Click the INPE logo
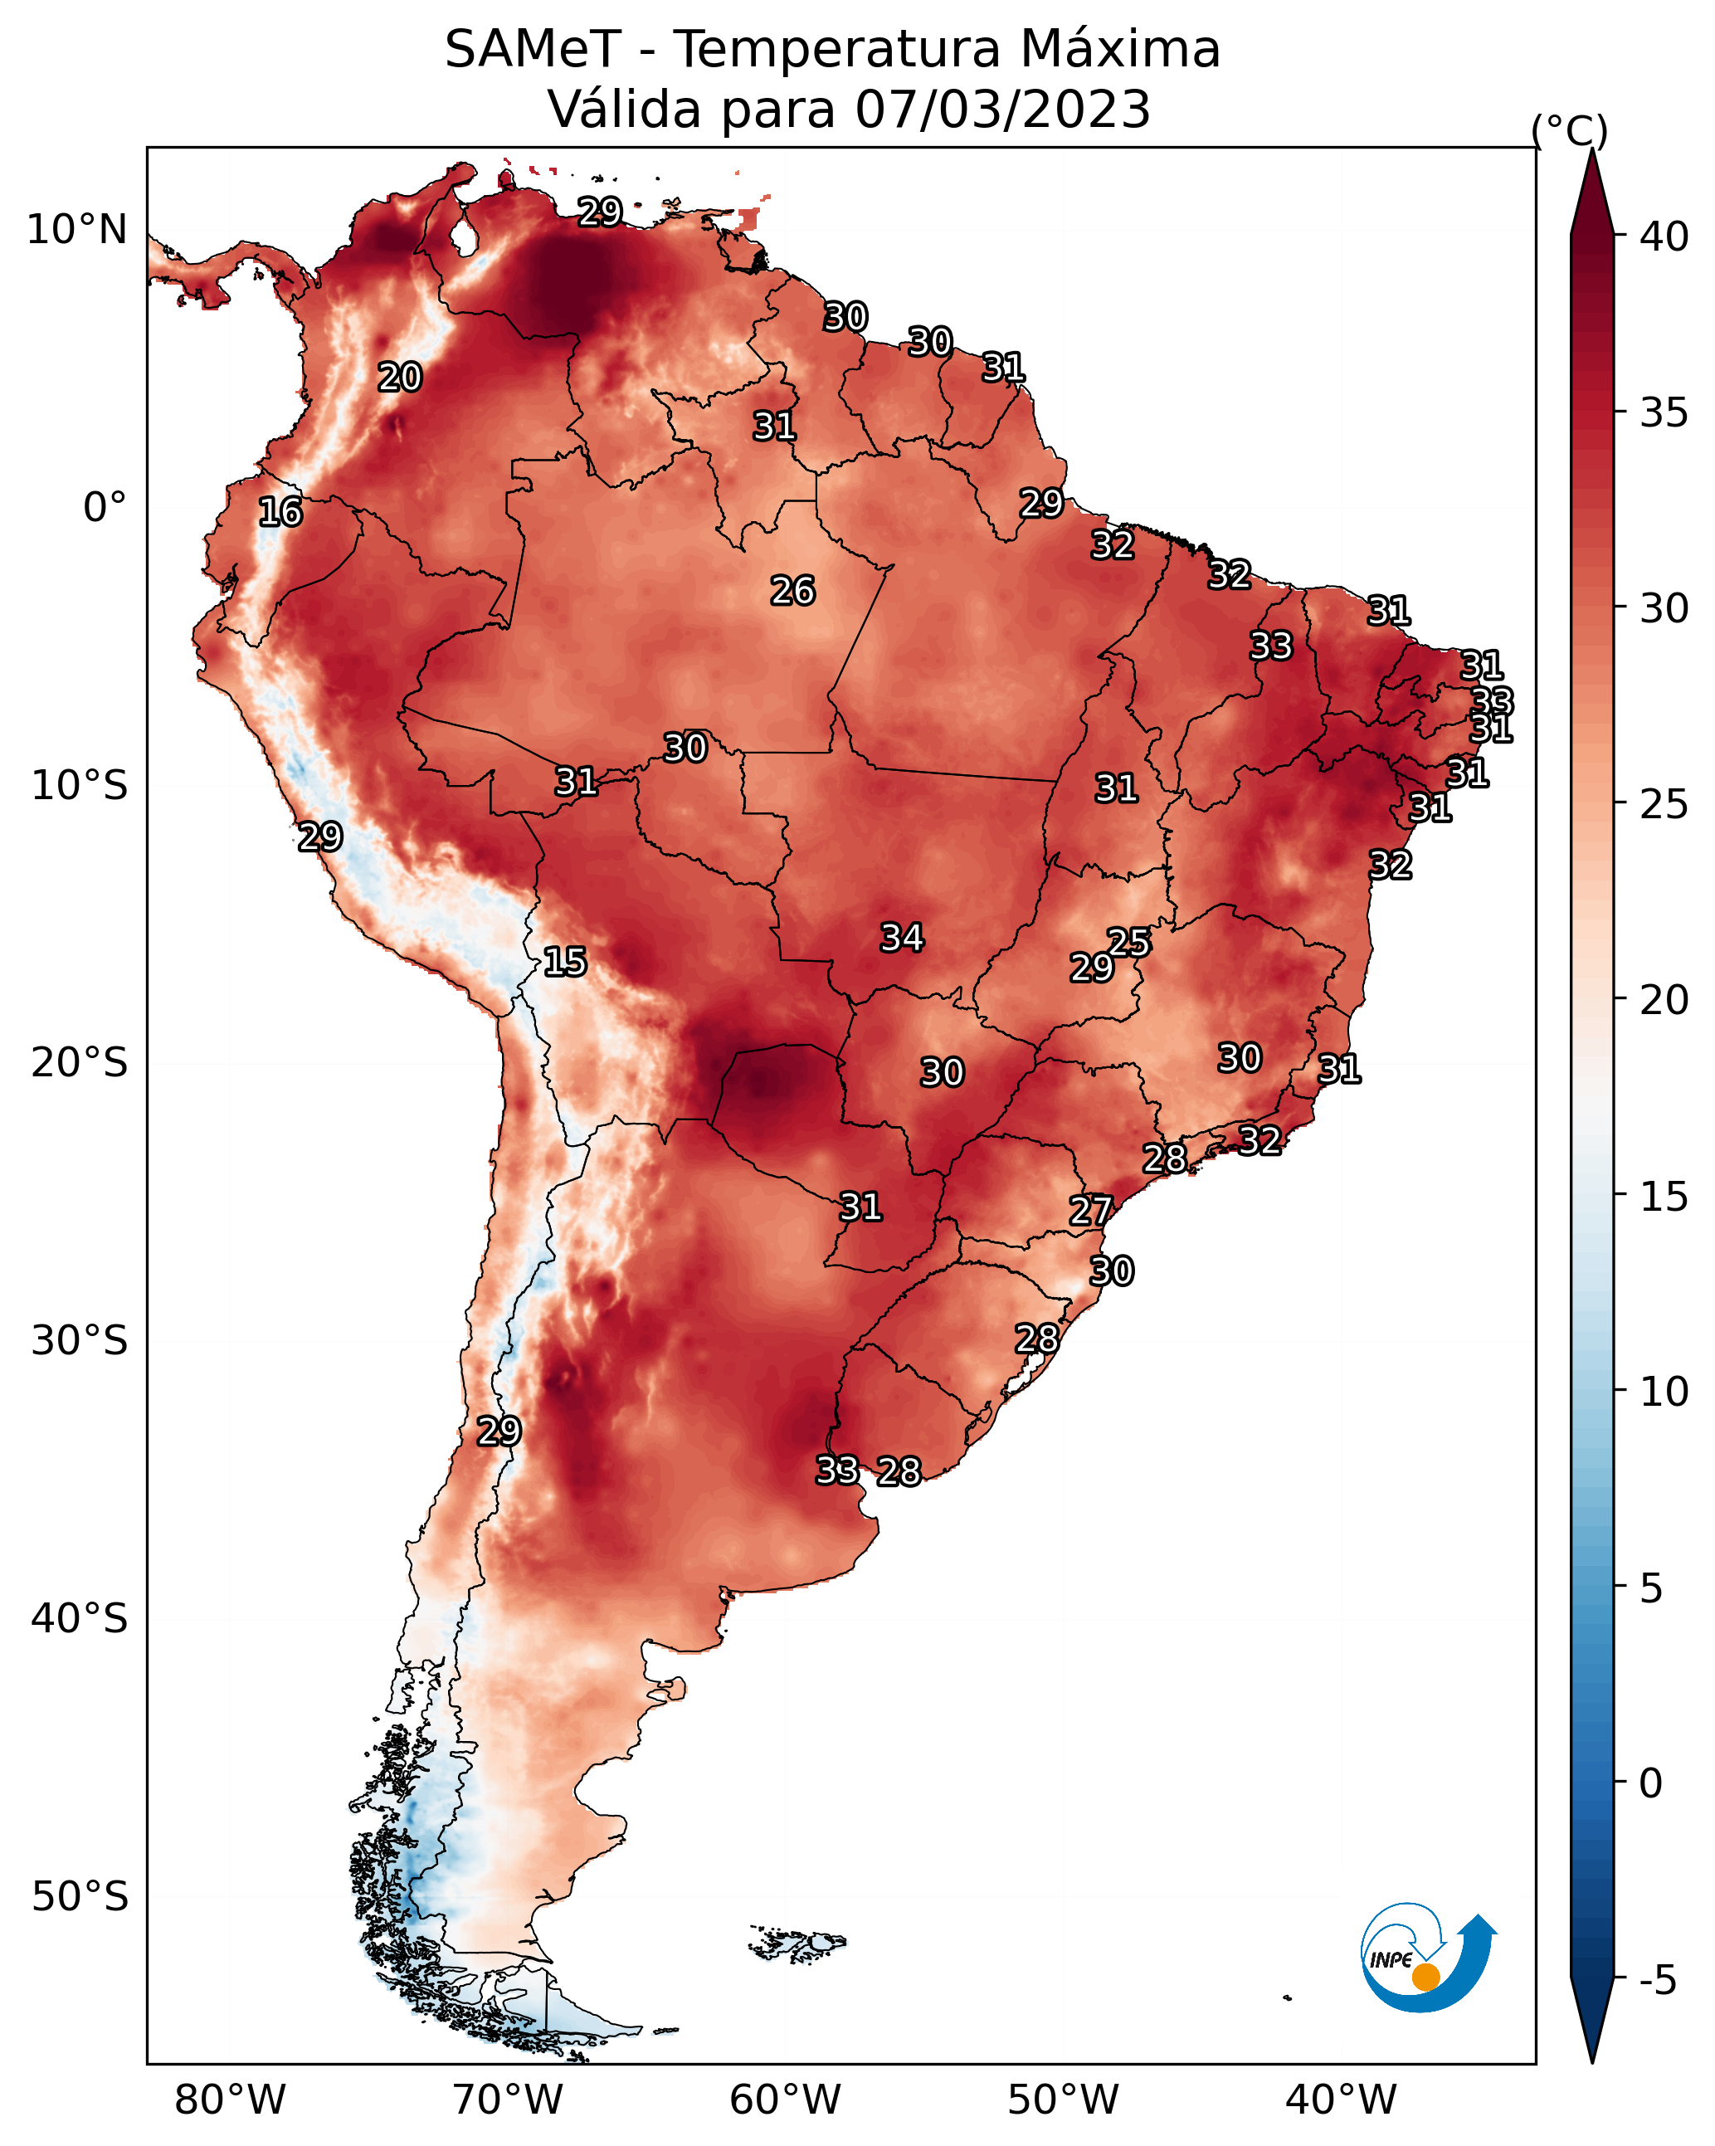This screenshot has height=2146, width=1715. coord(1429,1956)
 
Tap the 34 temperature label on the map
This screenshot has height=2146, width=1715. coord(902,938)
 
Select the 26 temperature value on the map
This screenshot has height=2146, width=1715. coord(792,591)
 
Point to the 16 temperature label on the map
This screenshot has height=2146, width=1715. coord(280,513)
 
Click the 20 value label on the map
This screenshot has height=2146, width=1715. coord(399,378)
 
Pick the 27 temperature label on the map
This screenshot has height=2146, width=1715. coord(1090,1212)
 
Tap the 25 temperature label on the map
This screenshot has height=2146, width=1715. coord(1128,943)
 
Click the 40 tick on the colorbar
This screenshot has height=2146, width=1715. coord(1664,237)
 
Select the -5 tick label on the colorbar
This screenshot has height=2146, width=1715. coord(1657,1981)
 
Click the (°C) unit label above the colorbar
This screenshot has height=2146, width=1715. coord(1570,130)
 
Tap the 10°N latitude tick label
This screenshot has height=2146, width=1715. coord(76,230)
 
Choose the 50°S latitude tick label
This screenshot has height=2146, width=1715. coord(80,1897)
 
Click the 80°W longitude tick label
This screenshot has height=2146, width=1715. coord(230,2100)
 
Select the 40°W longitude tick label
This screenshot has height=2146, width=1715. coord(1341,2100)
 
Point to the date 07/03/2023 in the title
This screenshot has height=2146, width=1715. coord(1003,110)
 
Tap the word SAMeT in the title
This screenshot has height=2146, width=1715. coord(534,50)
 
